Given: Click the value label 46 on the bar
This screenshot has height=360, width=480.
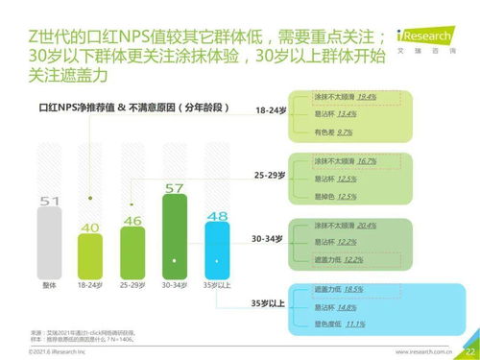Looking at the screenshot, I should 132,220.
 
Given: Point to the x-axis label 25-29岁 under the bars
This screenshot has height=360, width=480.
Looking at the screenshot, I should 132,285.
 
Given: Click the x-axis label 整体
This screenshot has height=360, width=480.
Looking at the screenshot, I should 50,285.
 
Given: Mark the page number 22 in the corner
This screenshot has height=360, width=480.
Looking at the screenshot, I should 469,350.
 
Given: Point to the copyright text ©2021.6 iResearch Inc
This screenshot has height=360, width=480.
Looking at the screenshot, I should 37,351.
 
